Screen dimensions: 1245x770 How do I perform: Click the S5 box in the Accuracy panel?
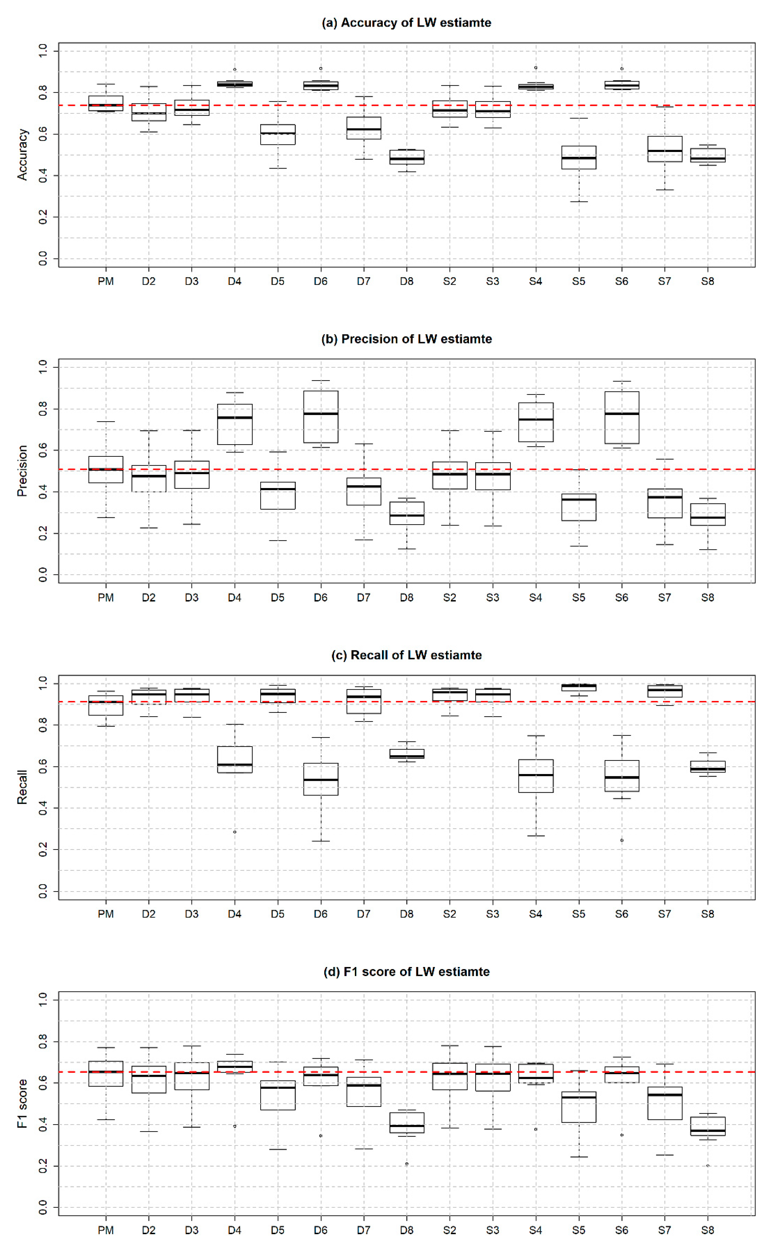pyautogui.click(x=578, y=157)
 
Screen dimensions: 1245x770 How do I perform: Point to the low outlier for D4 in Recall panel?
pyautogui.click(x=235, y=832)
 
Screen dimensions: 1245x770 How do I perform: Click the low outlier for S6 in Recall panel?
pyautogui.click(x=622, y=840)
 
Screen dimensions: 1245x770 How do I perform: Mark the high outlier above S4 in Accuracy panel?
pyautogui.click(x=536, y=68)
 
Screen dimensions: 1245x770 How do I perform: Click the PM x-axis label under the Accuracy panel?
pyautogui.click(x=106, y=282)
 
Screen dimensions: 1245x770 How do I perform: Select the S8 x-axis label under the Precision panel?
pyautogui.click(x=707, y=598)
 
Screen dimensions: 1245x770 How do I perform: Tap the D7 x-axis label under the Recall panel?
pyautogui.click(x=364, y=914)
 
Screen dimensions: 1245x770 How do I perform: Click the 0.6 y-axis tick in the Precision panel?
pyautogui.click(x=43, y=450)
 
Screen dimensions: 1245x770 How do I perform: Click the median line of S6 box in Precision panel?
pyautogui.click(x=622, y=413)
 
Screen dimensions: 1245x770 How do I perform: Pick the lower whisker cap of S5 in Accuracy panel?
pyautogui.click(x=578, y=202)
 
